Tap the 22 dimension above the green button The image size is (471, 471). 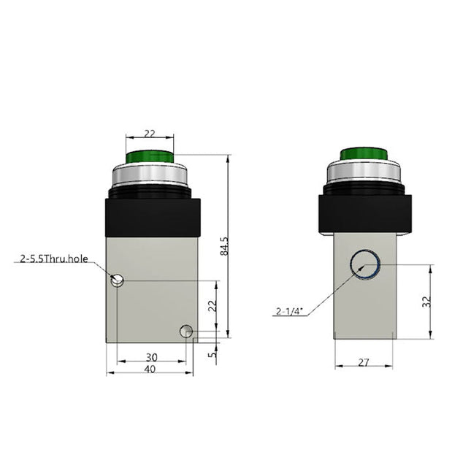tap(149, 133)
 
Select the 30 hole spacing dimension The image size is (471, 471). tap(151, 357)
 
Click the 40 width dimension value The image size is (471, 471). tap(149, 369)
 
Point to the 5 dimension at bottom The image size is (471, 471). tap(212, 356)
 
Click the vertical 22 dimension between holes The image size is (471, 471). tap(212, 307)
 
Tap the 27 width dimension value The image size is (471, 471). tap(363, 362)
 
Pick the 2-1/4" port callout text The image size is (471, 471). tap(290, 313)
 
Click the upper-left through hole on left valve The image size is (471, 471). tap(117, 280)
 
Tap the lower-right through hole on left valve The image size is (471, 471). tap(186, 332)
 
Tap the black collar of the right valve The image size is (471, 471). tap(363, 212)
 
